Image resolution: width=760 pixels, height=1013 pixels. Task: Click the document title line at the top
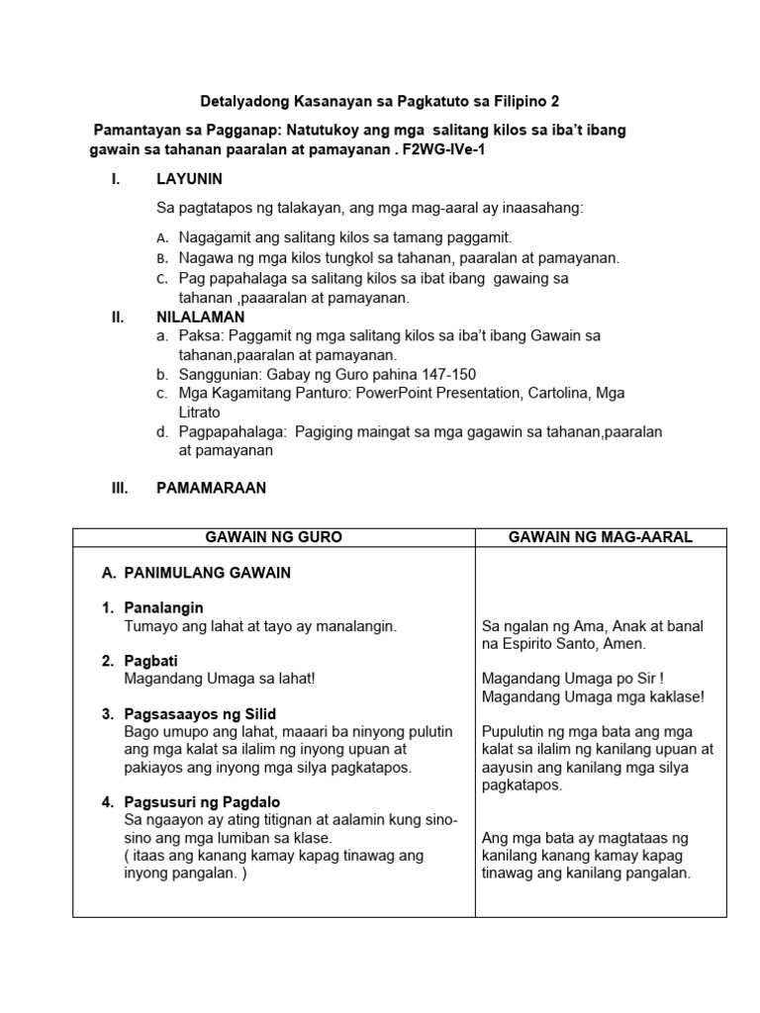click(380, 101)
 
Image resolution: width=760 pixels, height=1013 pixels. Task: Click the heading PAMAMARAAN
click(211, 488)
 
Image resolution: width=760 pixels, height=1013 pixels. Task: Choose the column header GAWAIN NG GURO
click(273, 537)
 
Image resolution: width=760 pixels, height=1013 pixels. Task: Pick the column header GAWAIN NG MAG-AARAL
click(600, 537)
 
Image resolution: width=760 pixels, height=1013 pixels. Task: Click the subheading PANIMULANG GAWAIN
click(207, 573)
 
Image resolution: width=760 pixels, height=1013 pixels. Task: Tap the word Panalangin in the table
click(164, 607)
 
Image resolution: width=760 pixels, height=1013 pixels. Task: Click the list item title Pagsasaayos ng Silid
click(201, 713)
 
